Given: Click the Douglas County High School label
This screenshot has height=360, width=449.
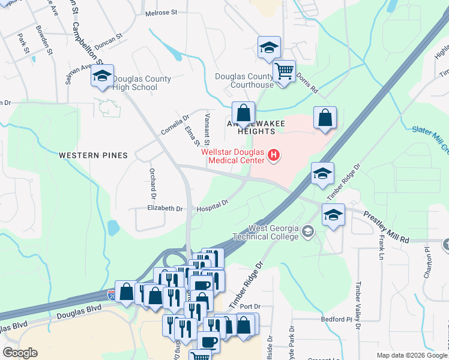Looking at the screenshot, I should tap(142, 83).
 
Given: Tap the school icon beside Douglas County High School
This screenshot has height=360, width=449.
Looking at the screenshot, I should tap(102, 77).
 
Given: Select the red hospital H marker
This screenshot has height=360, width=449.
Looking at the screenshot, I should tap(274, 157).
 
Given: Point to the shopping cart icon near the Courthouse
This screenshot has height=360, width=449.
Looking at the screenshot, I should tap(283, 71).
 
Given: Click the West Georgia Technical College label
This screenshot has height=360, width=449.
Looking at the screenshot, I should tap(273, 232).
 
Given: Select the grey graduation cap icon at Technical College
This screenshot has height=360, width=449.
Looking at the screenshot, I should tap(308, 232).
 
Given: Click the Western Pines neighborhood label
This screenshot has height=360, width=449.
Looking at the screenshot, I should tap(93, 155).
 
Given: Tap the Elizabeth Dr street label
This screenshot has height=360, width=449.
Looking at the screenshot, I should tap(164, 209).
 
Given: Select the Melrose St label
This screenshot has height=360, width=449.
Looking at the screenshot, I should tap(162, 12).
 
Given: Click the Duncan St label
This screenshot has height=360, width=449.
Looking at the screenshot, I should tap(109, 37).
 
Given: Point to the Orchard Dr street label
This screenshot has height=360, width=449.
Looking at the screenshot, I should tap(152, 183).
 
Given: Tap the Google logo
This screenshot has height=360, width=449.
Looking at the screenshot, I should tap(20, 353).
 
